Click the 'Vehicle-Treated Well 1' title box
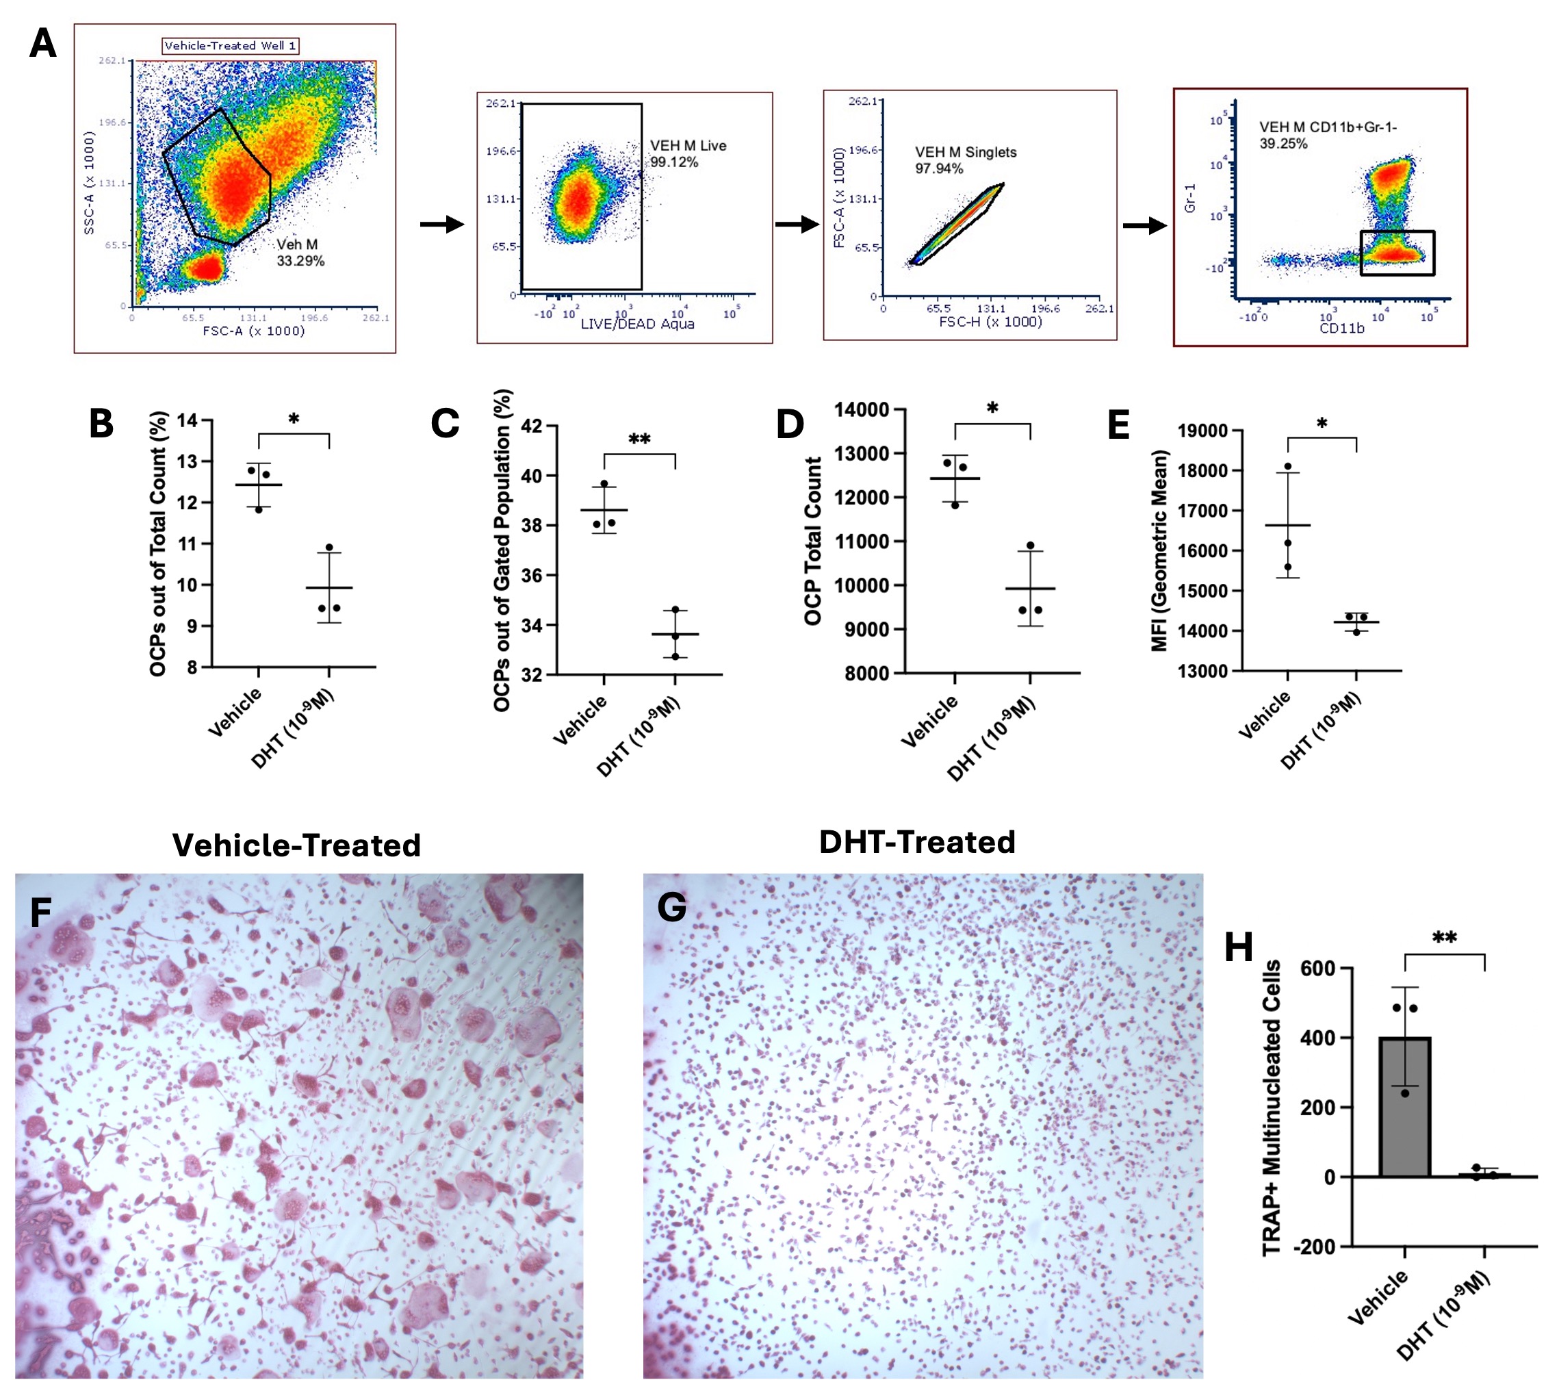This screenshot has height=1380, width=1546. point(231,45)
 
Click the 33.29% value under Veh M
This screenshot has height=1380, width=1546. point(300,261)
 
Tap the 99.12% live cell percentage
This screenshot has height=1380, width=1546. point(674,162)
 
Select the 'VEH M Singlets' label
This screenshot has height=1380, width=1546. point(965,152)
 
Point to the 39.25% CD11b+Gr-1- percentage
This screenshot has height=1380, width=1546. point(1283,143)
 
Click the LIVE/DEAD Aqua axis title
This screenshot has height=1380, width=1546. point(637,324)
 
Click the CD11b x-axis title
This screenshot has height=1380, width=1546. point(1341,328)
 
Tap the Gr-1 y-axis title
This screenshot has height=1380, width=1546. point(1189,198)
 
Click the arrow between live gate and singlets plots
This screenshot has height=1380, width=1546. point(797,225)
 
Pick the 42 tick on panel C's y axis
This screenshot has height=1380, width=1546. point(532,426)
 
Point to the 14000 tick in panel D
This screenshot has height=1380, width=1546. point(862,409)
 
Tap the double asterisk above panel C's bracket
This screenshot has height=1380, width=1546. point(639,439)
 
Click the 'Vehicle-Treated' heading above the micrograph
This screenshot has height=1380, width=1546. point(296,845)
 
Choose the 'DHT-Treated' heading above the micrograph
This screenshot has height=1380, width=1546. point(916,842)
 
